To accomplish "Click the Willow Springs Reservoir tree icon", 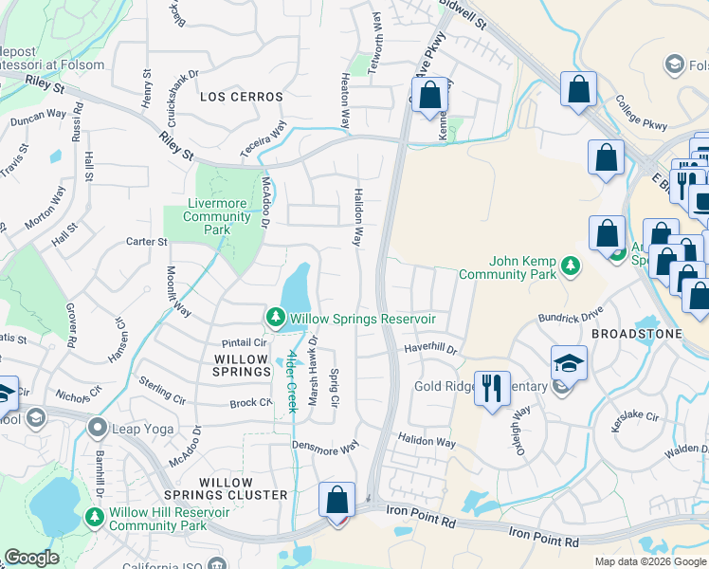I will tap(275, 318).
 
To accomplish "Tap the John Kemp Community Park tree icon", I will tap(570, 267).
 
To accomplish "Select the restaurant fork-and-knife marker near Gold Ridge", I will tap(491, 389).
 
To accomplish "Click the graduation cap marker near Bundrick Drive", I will tap(569, 364).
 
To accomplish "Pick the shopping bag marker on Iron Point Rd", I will tap(336, 499).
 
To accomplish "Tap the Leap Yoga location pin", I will tap(97, 429).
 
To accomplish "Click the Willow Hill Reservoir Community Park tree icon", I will tap(94, 518).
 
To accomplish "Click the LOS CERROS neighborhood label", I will tap(242, 97).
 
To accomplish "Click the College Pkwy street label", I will tap(641, 113).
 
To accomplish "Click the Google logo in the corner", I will tap(31, 558).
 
